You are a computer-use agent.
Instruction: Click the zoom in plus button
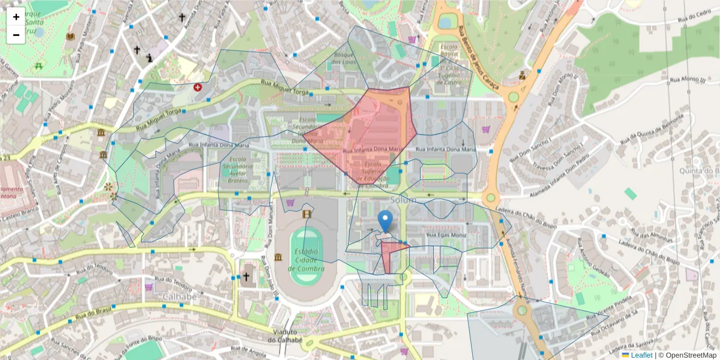coord(16,17)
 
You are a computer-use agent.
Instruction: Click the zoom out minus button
coord(16,35)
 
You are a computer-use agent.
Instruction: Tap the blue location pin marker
coord(386,221)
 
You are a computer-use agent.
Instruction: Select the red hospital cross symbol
coord(197,87)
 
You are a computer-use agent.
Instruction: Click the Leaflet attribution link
coord(641,355)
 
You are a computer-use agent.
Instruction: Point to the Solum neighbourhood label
coord(403,199)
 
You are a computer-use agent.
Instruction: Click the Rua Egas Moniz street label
coord(445,235)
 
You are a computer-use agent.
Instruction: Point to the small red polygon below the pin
coord(393,257)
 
